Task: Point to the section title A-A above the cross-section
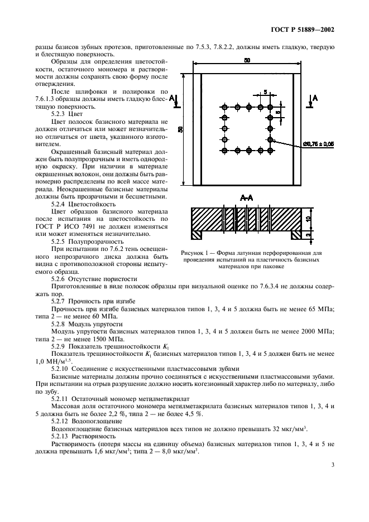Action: point(246,199)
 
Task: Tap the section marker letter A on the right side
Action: point(316,98)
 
